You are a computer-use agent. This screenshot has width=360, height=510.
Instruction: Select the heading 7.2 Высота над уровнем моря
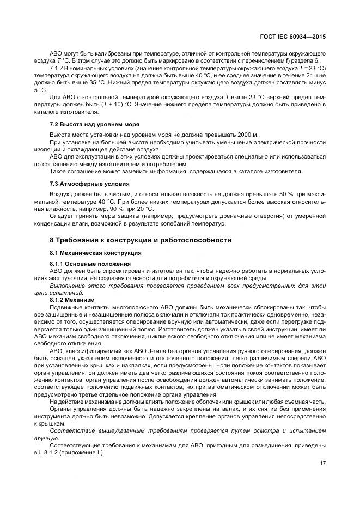click(87, 124)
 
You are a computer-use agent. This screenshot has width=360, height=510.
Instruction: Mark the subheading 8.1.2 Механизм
click(72, 300)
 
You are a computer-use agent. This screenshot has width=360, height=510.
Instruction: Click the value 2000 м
click(246, 133)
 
